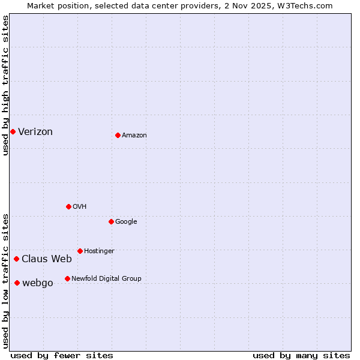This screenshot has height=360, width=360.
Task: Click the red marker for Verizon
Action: (x=13, y=131)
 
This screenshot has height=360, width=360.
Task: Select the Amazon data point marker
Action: (x=118, y=135)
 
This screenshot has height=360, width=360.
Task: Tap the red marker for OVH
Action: (x=68, y=206)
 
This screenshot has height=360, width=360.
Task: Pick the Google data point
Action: (x=111, y=221)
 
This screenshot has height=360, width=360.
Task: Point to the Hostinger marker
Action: (x=80, y=251)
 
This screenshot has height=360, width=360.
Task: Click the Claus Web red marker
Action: (x=16, y=259)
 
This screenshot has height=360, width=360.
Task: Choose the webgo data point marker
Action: (x=17, y=283)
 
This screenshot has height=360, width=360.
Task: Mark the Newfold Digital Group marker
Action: (x=67, y=278)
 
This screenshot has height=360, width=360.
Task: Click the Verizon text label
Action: (x=35, y=132)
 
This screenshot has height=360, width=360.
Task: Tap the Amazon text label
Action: (x=134, y=136)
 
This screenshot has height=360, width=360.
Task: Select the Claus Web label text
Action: (x=47, y=259)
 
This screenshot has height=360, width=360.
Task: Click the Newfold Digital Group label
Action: (x=106, y=278)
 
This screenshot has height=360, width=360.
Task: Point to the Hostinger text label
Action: (x=99, y=251)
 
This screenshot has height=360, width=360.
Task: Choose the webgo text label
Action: (x=38, y=283)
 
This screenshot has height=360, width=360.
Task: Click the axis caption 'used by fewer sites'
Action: (x=62, y=355)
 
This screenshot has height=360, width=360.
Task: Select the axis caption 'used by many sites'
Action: (x=301, y=355)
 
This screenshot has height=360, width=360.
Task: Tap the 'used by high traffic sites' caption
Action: (x=5, y=85)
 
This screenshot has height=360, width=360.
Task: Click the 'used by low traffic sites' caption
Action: (x=5, y=280)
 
